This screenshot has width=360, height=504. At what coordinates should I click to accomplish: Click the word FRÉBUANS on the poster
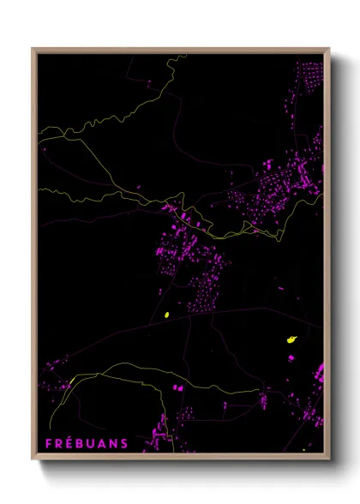[87, 443]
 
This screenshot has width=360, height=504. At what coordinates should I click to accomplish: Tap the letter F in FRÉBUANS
[49, 443]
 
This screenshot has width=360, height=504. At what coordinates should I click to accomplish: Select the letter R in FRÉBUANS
[59, 443]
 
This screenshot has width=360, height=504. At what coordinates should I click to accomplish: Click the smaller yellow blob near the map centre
[167, 315]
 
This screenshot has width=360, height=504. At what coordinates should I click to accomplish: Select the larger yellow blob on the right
[291, 340]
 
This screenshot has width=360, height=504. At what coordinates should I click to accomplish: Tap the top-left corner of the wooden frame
[33, 49]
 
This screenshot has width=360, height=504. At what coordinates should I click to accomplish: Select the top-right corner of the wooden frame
[329, 49]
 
